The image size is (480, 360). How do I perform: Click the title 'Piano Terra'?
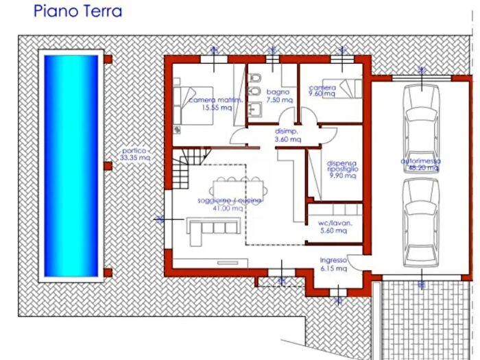click(78, 12)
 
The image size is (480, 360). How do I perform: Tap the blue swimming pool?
click(71, 164)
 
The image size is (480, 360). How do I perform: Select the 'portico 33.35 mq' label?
click(134, 154)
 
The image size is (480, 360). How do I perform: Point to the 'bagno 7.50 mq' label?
click(278, 95)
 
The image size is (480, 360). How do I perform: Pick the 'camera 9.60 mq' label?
click(322, 91)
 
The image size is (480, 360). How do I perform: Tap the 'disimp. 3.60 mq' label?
click(288, 135)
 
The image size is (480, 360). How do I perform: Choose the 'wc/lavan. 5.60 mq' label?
click(333, 227)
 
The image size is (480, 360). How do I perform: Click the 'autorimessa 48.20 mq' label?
click(420, 165)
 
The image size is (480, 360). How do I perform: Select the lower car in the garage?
click(420, 223)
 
